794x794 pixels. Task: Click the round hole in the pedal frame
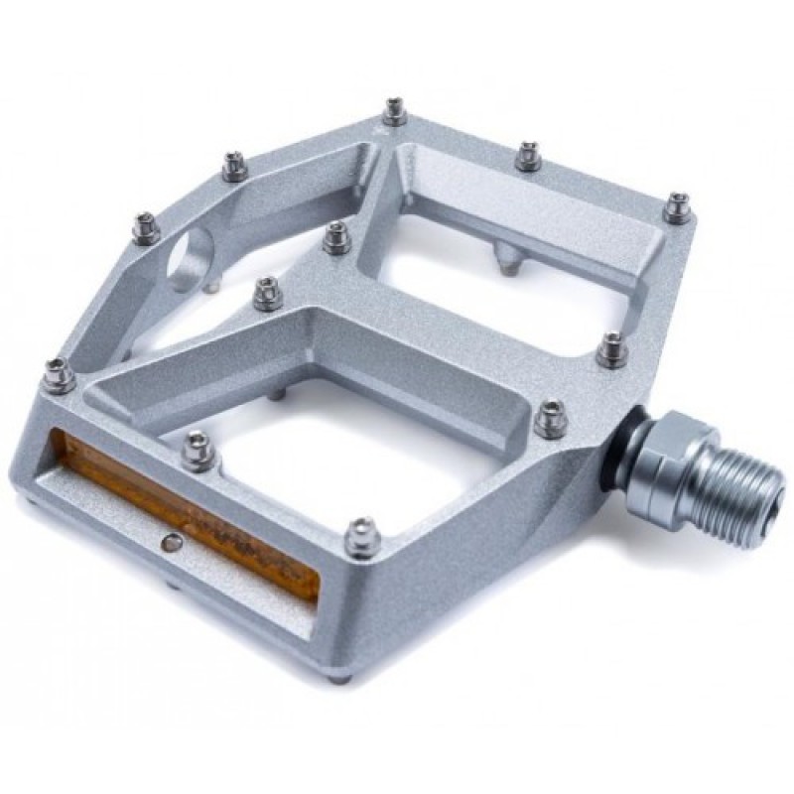click(x=192, y=257)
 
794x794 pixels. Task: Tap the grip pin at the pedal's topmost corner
click(x=395, y=111)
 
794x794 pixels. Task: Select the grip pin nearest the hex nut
click(x=550, y=417)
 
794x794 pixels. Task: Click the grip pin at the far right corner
click(x=678, y=206)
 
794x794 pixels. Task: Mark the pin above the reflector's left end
click(x=58, y=374)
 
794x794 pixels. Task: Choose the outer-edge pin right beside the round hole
click(x=146, y=228)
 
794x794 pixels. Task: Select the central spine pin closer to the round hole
click(x=266, y=293)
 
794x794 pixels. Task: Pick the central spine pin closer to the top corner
click(x=336, y=237)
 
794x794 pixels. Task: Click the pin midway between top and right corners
click(x=527, y=156)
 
